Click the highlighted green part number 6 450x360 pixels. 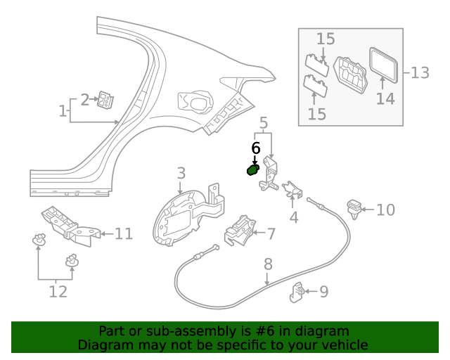tap(252, 169)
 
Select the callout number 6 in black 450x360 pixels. tap(256, 148)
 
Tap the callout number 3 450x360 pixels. tap(181, 173)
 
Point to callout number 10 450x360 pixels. tap(386, 210)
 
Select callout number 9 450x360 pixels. tap(323, 290)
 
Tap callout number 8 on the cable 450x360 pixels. tap(268, 264)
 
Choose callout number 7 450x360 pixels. tap(271, 233)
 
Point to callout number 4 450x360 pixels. tap(294, 218)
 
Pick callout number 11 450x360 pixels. tap(124, 233)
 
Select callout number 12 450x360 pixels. tap(58, 290)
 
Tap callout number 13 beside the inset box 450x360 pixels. tap(419, 72)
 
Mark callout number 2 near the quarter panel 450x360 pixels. tap(85, 100)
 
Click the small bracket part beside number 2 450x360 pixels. tap(106, 101)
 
